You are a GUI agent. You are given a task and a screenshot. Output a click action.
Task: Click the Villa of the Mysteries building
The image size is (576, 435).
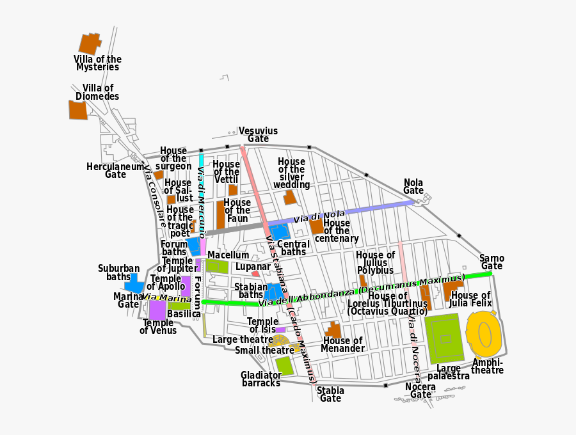(x=90, y=43)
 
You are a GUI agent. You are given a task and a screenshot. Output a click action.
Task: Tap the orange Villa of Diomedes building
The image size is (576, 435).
(x=77, y=109)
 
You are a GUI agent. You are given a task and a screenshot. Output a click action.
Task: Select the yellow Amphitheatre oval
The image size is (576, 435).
(x=484, y=334)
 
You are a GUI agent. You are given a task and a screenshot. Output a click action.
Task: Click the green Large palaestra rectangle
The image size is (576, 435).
(x=444, y=338)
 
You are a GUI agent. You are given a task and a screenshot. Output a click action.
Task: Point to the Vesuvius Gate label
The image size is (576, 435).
(x=258, y=134)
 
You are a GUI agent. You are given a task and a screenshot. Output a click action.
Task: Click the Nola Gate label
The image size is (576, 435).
(x=413, y=186)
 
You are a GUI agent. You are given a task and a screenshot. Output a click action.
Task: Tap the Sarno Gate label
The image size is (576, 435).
(x=492, y=262)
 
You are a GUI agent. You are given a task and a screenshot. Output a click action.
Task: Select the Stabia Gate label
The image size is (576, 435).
(x=330, y=394)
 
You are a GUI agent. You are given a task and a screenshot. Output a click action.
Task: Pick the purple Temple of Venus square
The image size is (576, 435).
(x=157, y=310)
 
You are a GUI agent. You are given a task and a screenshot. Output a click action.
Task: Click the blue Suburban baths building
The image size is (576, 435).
(x=134, y=283)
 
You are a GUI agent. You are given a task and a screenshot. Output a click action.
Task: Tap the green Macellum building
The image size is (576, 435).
(x=217, y=266)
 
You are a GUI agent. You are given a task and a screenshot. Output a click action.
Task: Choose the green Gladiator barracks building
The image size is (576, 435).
(x=284, y=365)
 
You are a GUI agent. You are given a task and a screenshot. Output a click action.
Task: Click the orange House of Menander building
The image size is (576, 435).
(x=333, y=330)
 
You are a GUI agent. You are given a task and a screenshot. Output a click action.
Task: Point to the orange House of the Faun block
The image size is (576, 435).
(x=220, y=214)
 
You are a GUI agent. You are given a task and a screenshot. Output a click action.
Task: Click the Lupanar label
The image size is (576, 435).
(x=253, y=266)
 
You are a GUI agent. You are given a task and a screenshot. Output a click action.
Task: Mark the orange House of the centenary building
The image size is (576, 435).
(x=316, y=226)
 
